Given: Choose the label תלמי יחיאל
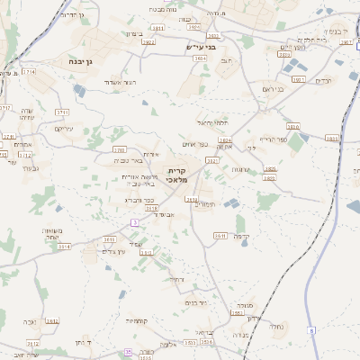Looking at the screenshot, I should (212, 122).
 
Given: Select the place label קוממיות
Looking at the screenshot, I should (137, 320).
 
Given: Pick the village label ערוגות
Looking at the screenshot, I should (240, 169).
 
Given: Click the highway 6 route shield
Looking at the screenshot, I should (312, 331).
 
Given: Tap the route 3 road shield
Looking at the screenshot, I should (135, 221).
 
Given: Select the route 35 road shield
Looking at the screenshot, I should (129, 353).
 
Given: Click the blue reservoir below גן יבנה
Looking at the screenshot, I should (80, 90).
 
